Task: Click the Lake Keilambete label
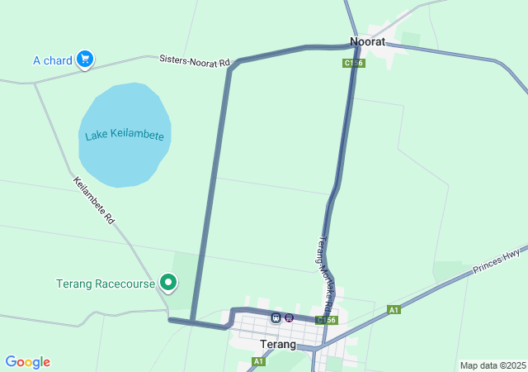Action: coord(125,136)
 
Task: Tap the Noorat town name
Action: coord(368,41)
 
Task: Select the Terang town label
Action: coord(277,344)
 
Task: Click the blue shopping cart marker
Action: coord(84,59)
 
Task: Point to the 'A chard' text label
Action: coord(53,60)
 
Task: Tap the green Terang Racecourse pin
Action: coord(168,283)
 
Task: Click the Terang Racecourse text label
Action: coord(106,284)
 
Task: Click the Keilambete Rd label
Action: coord(93,201)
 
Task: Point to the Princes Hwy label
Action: coord(497,261)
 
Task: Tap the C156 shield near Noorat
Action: coord(353,63)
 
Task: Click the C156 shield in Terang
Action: coord(326,320)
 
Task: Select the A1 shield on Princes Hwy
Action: coord(394,309)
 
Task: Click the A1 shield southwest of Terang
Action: coord(258,362)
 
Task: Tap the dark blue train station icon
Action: coord(276,317)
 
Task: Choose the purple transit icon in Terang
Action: coord(289,317)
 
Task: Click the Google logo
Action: coord(27,362)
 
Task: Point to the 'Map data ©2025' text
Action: coord(493,365)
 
